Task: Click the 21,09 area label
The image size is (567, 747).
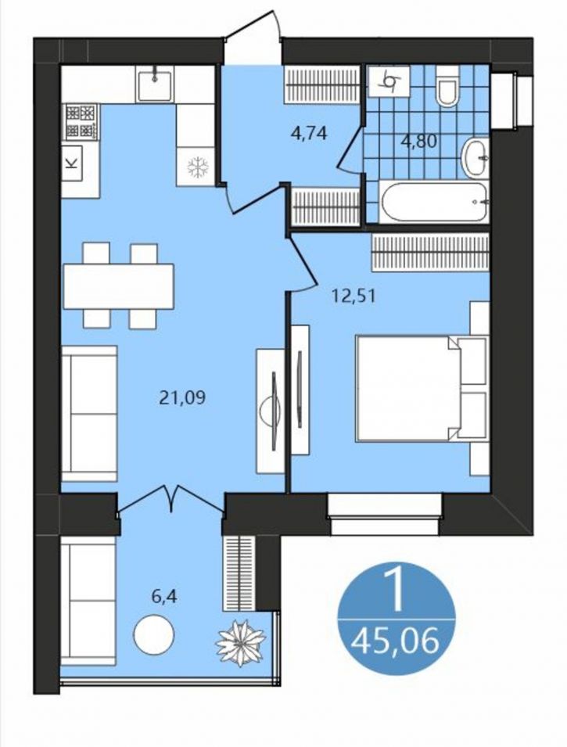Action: point(182,397)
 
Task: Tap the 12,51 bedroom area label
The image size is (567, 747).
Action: point(353,296)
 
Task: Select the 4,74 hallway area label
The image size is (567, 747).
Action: point(309,134)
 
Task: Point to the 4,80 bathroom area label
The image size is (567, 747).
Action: point(419,141)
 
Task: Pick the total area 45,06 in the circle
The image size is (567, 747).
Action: point(394,640)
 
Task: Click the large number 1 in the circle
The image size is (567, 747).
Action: point(395,590)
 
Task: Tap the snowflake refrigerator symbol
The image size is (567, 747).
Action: point(195,167)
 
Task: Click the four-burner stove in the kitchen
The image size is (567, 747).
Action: point(80,122)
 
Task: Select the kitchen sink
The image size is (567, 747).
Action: point(155,84)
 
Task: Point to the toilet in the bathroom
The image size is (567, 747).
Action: point(447,86)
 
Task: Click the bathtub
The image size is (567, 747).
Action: point(433,202)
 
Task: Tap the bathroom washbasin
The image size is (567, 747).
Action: point(475,156)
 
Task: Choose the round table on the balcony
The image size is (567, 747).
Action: point(154,635)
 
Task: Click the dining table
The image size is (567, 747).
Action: point(119,286)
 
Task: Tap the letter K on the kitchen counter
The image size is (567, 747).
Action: point(73,163)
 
